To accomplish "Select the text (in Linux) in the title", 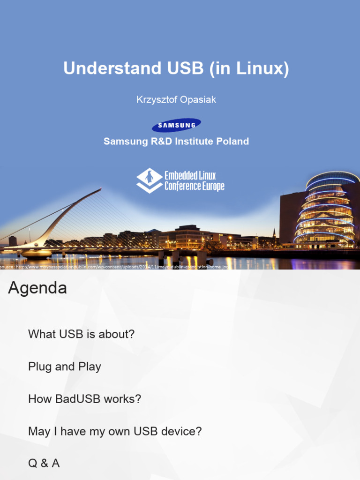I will click(249, 69).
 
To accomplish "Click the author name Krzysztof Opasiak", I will click(176, 100).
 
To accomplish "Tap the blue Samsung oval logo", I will click(176, 125).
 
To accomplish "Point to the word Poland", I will click(232, 141).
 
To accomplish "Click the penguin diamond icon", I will click(149, 180).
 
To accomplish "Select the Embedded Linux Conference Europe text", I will click(194, 181).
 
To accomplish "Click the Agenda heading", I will click(37, 288).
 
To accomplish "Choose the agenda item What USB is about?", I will click(82, 334).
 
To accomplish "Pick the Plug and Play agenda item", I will click(65, 367).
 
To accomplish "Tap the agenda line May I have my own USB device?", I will click(115, 431).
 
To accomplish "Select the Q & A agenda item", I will click(44, 464).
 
